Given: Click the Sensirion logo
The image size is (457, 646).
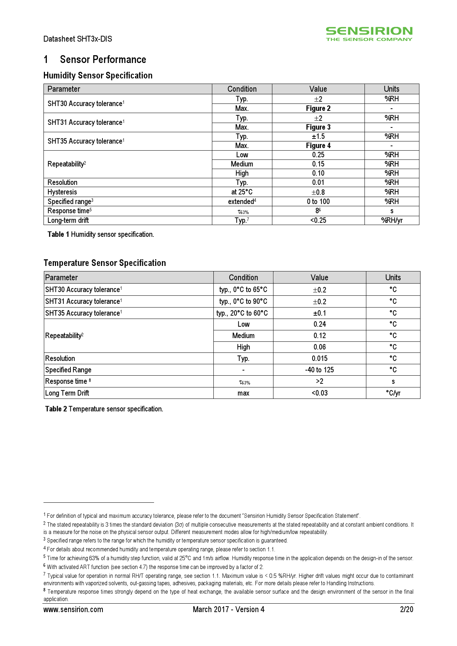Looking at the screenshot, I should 369,34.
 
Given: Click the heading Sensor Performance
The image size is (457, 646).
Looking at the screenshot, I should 103,60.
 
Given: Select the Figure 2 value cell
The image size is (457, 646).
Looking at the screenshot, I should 318,108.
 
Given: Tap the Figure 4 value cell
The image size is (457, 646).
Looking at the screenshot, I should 318,145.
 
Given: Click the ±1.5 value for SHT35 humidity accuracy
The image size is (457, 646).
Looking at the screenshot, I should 318,136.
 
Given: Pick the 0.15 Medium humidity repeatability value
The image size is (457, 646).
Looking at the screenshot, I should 318,164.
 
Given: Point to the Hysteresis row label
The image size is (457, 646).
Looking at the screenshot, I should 62,192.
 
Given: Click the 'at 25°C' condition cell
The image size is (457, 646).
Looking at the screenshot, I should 242,192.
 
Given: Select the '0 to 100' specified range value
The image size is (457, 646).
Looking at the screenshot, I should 318,201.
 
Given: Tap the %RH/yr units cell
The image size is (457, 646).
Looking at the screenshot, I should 391,220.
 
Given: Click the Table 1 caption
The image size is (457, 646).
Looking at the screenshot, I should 101,234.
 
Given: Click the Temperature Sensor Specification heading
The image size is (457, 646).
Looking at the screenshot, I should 105,263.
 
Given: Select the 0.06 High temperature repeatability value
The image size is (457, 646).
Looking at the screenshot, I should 320,347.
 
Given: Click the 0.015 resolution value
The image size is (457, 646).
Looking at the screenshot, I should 320,358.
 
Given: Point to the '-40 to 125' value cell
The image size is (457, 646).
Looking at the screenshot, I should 320,370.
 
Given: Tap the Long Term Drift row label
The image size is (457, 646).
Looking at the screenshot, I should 67,393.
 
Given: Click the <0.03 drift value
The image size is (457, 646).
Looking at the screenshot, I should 320,393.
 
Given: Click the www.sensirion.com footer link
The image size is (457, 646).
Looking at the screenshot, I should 73,610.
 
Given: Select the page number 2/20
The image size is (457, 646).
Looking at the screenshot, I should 407,610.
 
